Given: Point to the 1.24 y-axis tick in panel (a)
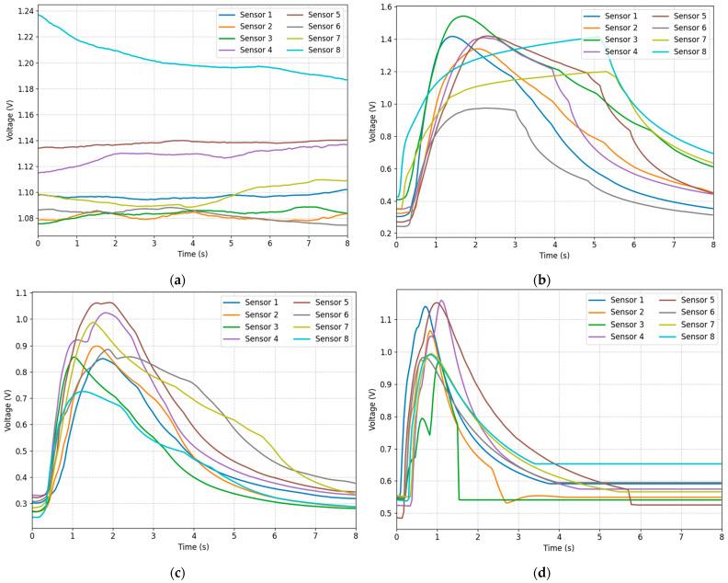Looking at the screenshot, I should click(x=19, y=11).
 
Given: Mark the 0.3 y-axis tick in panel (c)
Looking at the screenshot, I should click(x=19, y=505).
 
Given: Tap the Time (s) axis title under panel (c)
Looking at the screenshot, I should click(x=193, y=551).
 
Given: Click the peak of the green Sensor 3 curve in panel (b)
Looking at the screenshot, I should click(x=462, y=17).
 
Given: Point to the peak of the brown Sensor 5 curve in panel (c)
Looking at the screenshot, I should click(x=104, y=302).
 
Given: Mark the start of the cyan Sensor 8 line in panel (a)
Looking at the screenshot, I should click(x=38, y=15).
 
